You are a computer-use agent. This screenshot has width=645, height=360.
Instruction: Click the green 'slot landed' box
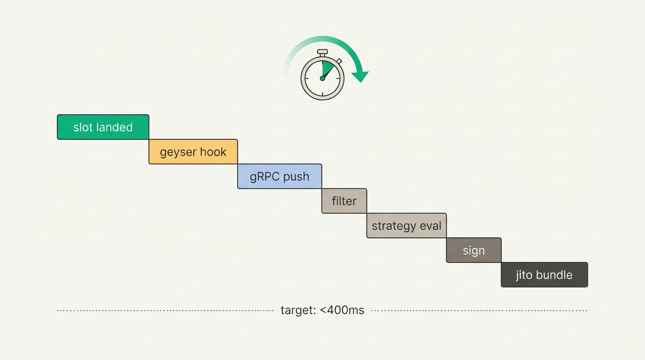click(x=103, y=127)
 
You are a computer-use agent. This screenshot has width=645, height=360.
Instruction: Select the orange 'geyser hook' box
click(x=193, y=152)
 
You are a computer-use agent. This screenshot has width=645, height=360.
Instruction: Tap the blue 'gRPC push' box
click(x=279, y=176)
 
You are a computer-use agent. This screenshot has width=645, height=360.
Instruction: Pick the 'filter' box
click(x=344, y=201)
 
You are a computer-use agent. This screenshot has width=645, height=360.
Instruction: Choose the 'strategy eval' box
click(x=406, y=226)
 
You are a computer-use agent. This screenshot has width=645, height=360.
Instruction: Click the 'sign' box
click(x=473, y=250)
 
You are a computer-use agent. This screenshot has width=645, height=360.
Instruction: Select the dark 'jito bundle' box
click(x=544, y=275)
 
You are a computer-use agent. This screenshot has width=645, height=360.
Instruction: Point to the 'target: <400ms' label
click(x=322, y=310)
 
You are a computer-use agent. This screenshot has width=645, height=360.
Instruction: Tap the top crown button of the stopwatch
click(x=322, y=52)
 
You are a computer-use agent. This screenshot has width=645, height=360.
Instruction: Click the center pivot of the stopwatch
click(x=322, y=78)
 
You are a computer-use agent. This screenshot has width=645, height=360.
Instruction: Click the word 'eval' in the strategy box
click(x=430, y=226)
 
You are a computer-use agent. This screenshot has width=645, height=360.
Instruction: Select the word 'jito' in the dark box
click(x=525, y=275)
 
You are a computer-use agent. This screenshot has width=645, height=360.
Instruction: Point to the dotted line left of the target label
click(x=164, y=310)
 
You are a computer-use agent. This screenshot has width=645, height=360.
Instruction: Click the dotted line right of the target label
click(x=478, y=310)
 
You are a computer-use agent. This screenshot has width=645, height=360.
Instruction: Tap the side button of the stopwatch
click(x=339, y=61)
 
